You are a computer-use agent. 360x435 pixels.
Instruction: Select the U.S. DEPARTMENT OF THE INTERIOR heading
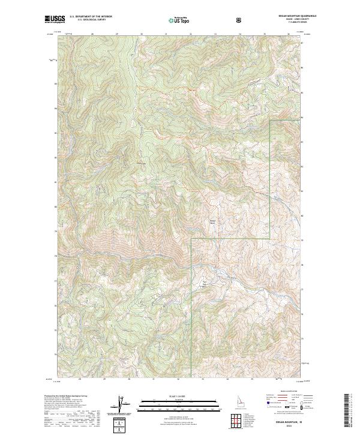(x=91, y=17)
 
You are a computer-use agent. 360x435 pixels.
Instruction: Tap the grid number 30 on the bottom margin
(x=128, y=379)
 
